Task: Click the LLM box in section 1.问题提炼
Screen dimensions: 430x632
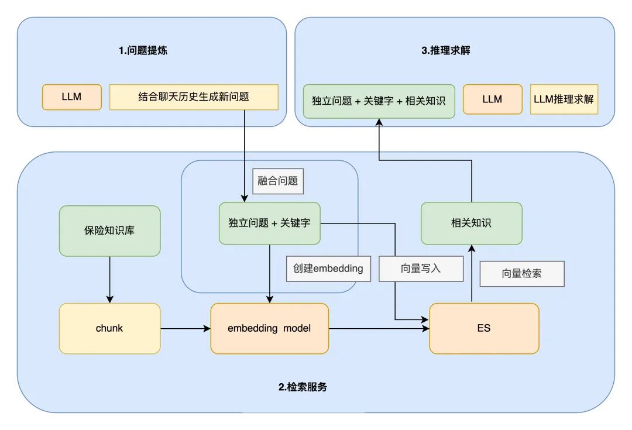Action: pos(72,97)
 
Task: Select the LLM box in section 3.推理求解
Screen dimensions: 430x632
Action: pos(492,99)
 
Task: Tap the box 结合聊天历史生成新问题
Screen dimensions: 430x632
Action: pos(194,97)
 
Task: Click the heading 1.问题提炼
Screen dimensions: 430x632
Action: pos(143,51)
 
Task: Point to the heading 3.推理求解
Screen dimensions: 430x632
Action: pos(446,51)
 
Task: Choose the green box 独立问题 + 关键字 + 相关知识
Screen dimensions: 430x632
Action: pos(379,101)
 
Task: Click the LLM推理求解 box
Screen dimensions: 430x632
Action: pos(564,99)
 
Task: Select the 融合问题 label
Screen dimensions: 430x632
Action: pos(278,181)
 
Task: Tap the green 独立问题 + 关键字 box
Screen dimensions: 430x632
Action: pos(269,223)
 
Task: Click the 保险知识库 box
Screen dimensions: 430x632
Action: pos(109,231)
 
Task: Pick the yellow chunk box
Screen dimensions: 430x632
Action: pos(109,328)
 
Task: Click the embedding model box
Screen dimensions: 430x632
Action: pos(269,328)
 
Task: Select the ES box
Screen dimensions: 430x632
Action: pos(484,328)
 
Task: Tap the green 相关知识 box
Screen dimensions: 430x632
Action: pos(471,223)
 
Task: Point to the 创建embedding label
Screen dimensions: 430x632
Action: pos(328,269)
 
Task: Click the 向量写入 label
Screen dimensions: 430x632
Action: pos(421,269)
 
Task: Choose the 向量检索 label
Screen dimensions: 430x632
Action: pos(522,273)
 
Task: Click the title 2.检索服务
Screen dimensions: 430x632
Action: pos(303,387)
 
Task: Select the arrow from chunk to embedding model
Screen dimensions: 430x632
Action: pos(185,329)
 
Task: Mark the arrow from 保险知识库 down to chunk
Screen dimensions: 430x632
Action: pos(109,279)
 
